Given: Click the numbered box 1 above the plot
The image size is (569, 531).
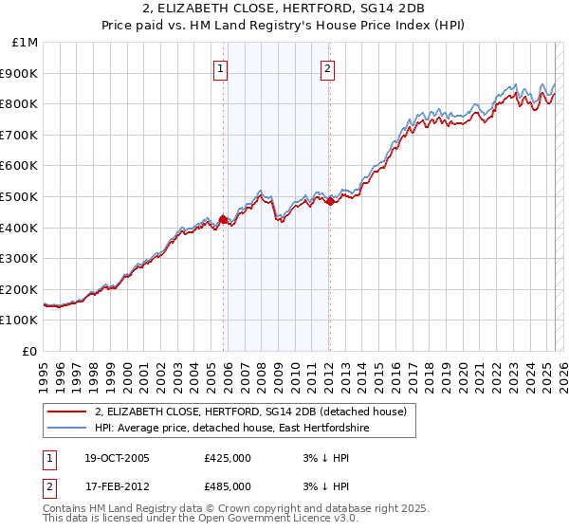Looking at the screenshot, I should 220,68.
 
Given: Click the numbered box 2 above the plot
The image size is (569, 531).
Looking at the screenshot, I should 327,68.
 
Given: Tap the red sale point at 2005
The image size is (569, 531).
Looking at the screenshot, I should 223,220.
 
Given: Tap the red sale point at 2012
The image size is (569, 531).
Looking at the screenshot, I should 329,201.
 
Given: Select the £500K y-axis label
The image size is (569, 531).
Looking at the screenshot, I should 20,197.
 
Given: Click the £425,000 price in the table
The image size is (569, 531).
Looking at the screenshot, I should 228,458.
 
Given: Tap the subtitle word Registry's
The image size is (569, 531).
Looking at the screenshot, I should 334,27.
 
